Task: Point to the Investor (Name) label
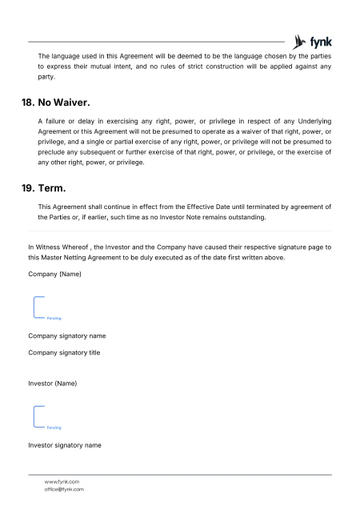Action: (53, 384)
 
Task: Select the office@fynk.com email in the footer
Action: (64, 489)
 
